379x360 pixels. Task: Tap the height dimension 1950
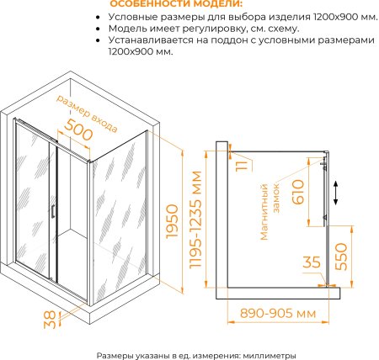tap(172, 222)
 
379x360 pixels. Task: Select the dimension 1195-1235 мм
tap(195, 220)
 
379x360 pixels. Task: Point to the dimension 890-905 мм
tap(278, 313)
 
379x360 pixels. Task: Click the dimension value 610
tap(298, 192)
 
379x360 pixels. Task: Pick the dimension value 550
tap(341, 257)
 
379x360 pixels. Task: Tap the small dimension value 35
tap(312, 262)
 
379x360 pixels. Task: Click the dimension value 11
tap(242, 165)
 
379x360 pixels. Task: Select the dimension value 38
tap(51, 320)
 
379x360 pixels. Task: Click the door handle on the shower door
tap(53, 211)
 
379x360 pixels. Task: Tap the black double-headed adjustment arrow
tap(335, 193)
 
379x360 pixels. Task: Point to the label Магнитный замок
tap(270, 212)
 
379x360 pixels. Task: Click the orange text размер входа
tap(87, 114)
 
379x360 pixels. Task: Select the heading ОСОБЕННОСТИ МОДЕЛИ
tap(177, 4)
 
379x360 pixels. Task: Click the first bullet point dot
tap(98, 18)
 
